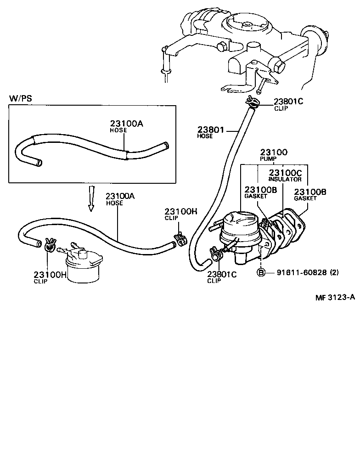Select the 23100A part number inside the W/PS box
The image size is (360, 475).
[x=126, y=124]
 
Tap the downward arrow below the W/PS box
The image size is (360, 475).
[x=91, y=198]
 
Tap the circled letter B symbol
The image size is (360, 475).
[x=261, y=272]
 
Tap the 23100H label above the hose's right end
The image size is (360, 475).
[x=181, y=212]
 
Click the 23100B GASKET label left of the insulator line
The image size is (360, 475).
[x=260, y=192]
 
